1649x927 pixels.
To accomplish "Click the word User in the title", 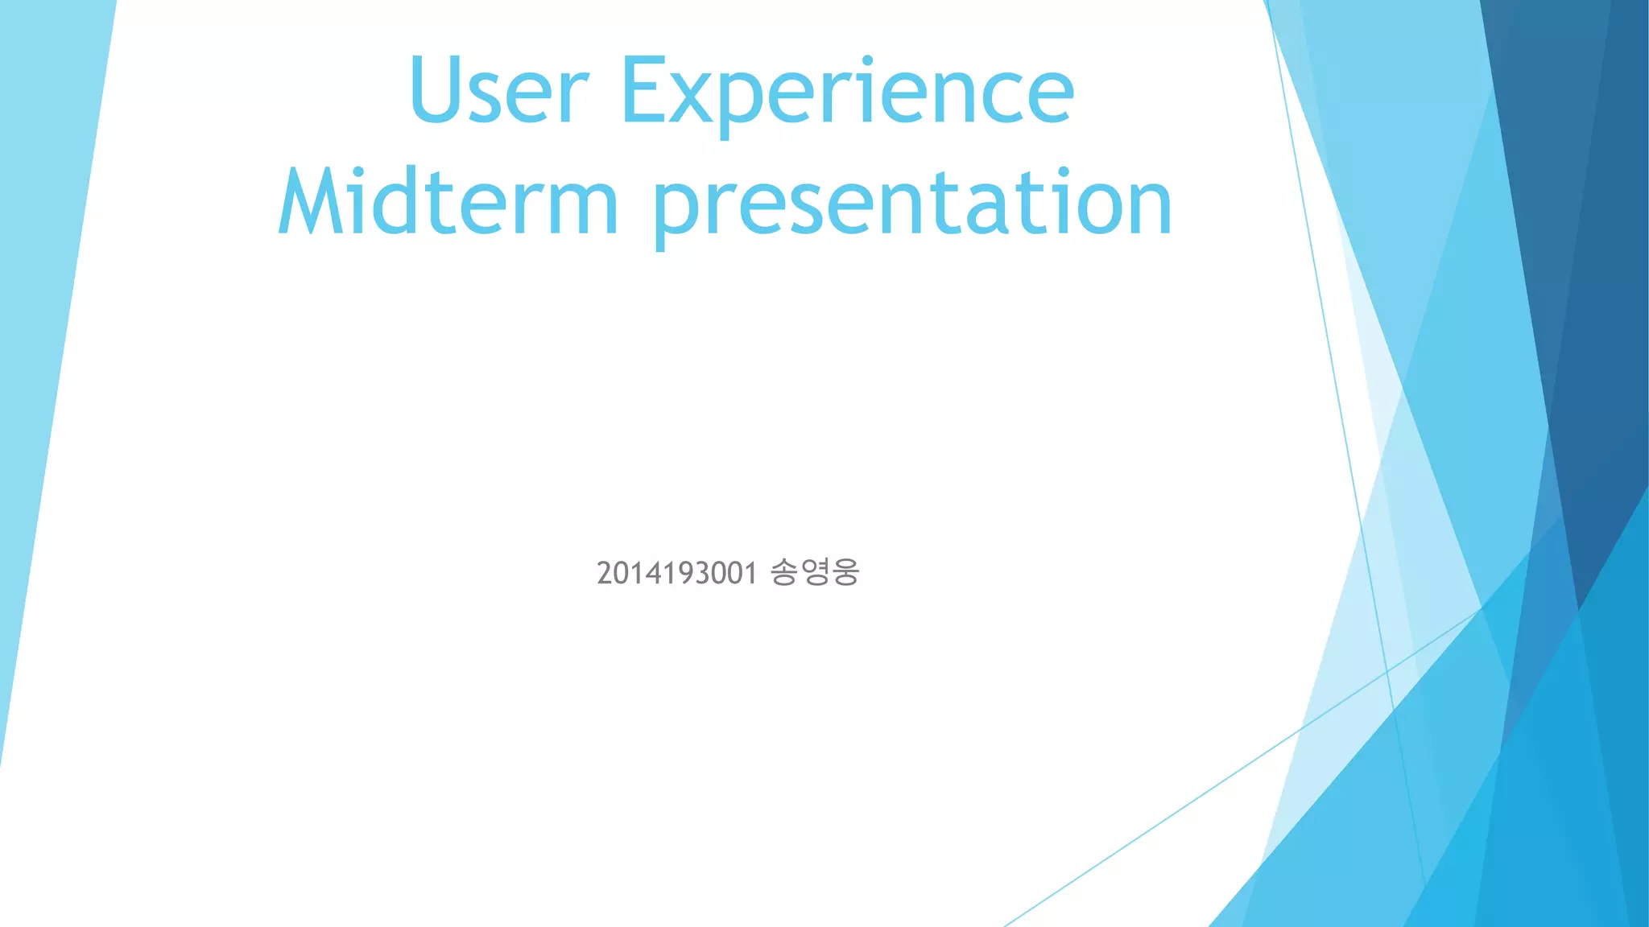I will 499,90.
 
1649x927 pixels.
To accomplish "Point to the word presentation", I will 912,204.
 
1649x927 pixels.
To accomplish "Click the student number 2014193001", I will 676,574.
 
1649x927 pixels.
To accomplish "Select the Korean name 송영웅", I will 815,572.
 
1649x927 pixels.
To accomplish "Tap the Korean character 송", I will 783,572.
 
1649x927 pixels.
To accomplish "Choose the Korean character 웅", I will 845,572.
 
